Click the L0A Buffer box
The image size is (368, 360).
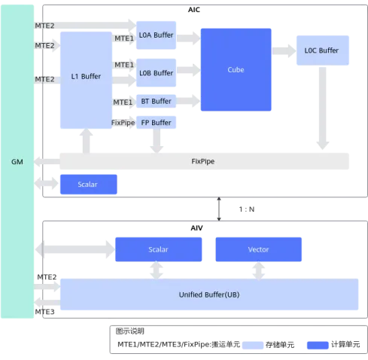coord(156,35)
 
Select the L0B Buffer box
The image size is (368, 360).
coord(156,73)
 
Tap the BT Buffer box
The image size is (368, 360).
coord(156,101)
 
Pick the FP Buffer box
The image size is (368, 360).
coord(156,123)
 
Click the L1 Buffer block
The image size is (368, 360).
coord(86,80)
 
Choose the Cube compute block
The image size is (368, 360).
coord(236,69)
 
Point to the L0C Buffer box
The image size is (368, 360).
coord(323,50)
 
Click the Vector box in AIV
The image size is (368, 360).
coord(259,249)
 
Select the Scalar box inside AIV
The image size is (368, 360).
coord(159,249)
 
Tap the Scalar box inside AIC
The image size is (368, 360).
coord(89,185)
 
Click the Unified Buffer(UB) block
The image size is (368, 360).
coord(209,294)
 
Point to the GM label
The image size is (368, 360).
coord(17,162)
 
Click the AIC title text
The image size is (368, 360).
coord(194,10)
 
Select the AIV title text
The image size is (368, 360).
coord(196,228)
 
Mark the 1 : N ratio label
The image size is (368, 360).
coord(247,209)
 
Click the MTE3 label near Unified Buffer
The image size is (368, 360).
coord(44,312)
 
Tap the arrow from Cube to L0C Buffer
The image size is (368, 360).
coord(284,51)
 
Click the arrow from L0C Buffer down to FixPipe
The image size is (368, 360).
coord(323,108)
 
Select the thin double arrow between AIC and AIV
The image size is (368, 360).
coord(219,209)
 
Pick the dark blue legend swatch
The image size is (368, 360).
coord(318,345)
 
